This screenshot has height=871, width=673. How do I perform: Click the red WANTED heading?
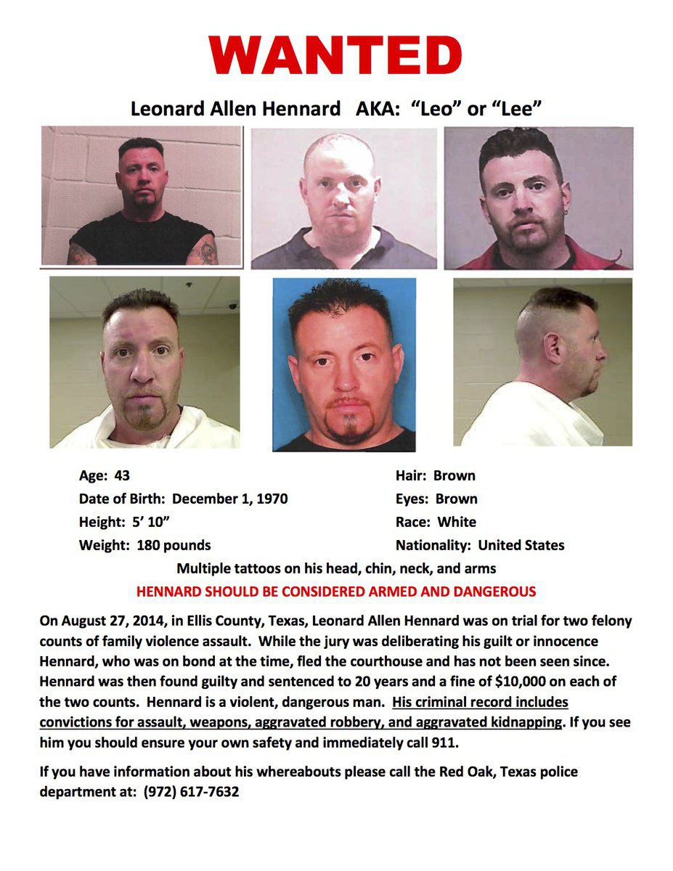pyautogui.click(x=335, y=54)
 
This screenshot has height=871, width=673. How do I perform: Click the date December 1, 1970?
pyautogui.click(x=230, y=499)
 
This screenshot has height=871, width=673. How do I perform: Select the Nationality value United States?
pyautogui.click(x=521, y=545)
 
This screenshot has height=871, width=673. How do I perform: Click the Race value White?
pyautogui.click(x=457, y=522)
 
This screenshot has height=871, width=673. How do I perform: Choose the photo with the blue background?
pyautogui.click(x=344, y=364)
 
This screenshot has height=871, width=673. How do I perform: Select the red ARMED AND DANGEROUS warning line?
pyautogui.click(x=336, y=592)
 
